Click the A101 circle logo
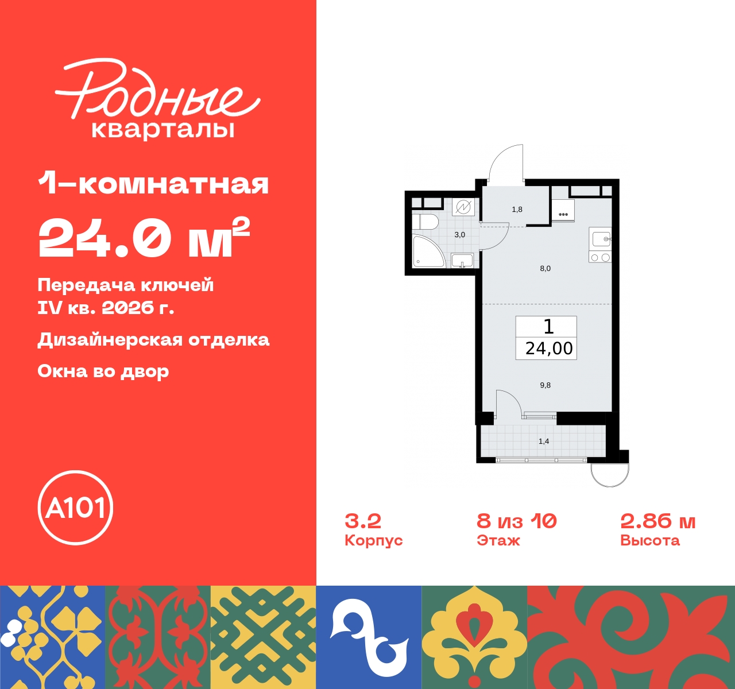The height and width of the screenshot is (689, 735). point(75,508)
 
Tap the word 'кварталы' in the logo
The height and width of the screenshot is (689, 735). point(163,129)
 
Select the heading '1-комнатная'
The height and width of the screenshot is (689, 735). point(153,184)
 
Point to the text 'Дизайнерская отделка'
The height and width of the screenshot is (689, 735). point(153,339)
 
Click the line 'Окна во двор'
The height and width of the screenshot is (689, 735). point(103,371)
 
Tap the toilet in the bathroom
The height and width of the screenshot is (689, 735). point(425,222)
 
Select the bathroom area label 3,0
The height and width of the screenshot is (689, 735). point(460,235)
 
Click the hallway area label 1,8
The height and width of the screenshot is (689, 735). point(517,210)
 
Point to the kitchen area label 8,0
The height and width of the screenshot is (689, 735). point(545,268)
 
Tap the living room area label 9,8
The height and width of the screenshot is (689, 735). point(545,385)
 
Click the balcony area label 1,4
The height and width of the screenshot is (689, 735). point(544,442)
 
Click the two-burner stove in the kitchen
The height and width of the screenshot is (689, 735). point(600,258)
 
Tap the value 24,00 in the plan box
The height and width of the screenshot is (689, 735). point(549,349)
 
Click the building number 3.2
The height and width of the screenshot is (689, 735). point(363,521)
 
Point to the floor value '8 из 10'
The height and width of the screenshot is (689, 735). point(517,521)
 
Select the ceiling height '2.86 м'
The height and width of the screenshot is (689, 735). point(658,521)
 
